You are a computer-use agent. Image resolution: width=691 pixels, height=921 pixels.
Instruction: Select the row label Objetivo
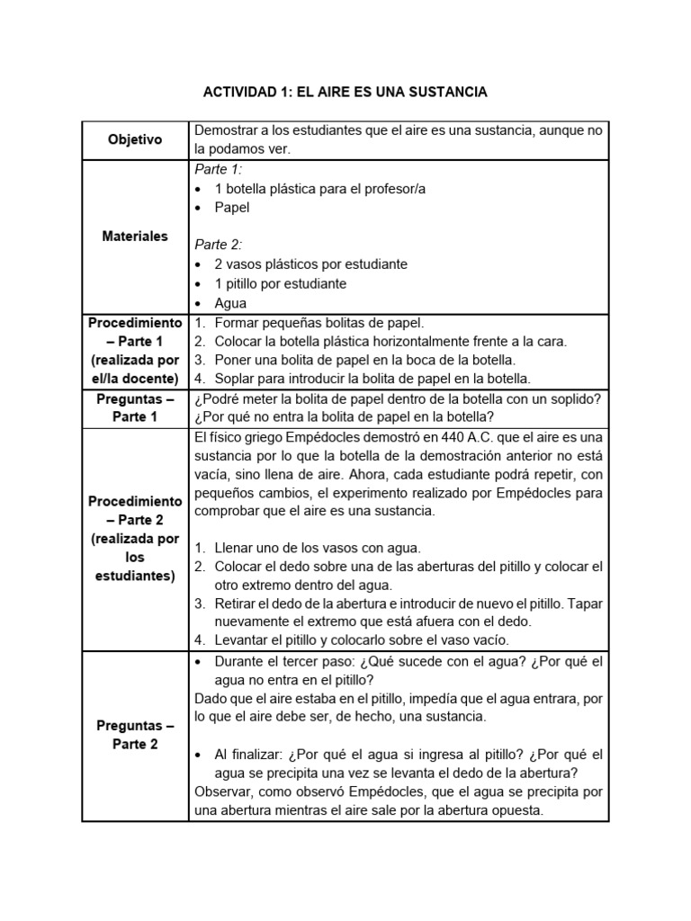[135, 140]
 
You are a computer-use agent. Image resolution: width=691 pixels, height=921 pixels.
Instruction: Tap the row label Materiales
[135, 237]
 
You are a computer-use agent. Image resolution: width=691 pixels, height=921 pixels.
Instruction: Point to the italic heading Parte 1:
[218, 169]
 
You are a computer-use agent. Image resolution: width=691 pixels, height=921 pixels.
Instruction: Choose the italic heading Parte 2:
[218, 245]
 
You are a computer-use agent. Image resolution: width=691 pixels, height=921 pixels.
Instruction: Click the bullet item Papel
[231, 207]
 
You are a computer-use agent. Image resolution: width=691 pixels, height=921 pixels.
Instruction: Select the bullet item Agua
[230, 303]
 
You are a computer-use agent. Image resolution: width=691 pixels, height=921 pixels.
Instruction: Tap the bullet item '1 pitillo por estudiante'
[280, 283]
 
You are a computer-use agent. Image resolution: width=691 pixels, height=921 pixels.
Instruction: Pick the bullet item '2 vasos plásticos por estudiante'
[310, 264]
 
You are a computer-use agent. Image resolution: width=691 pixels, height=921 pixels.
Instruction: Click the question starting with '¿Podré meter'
[396, 398]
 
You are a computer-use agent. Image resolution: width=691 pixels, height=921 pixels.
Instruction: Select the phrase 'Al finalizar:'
[252, 755]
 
